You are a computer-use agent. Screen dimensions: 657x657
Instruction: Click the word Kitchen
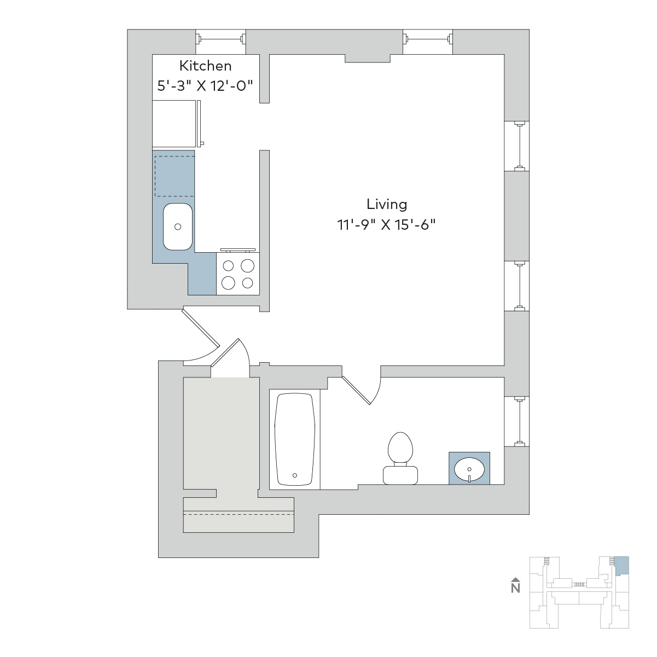click(205, 66)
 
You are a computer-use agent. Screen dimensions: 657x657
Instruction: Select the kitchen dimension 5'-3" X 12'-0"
click(205, 85)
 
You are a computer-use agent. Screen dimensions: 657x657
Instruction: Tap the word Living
click(387, 205)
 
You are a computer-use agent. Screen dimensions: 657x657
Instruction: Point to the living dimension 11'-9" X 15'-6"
click(386, 225)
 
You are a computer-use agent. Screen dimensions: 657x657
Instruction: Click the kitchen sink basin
click(178, 226)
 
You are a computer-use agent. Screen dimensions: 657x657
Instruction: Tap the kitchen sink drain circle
click(178, 226)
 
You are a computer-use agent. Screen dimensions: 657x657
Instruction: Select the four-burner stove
click(237, 274)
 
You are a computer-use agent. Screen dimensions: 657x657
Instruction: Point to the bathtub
click(294, 439)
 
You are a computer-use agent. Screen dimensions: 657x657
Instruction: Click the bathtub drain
click(294, 475)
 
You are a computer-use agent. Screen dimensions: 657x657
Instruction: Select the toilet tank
click(400, 475)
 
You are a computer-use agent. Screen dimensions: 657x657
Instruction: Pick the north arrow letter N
click(515, 588)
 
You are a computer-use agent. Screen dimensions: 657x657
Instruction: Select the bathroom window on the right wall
click(517, 421)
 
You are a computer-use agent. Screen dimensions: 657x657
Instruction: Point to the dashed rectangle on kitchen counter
click(175, 176)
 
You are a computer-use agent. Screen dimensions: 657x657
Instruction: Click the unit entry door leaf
click(200, 327)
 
